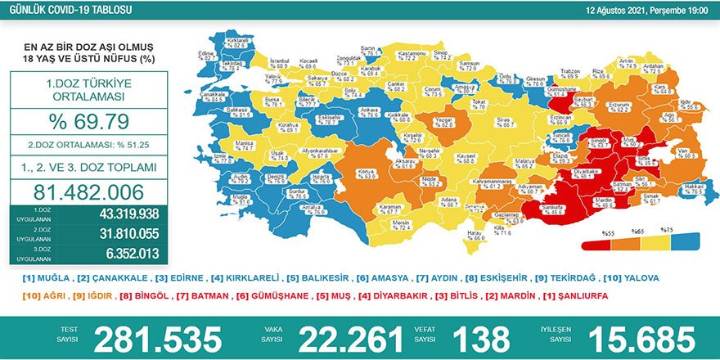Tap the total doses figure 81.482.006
tap(89, 193)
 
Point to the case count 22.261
tap(351, 338)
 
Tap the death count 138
tap(475, 338)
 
